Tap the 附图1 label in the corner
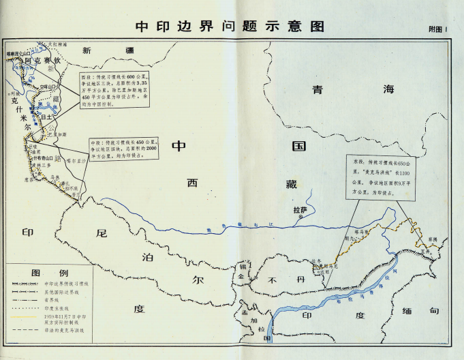tap(436, 29)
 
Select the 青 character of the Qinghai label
tap(317, 89)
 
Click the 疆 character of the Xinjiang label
tap(125, 50)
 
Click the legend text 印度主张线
tap(61, 307)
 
